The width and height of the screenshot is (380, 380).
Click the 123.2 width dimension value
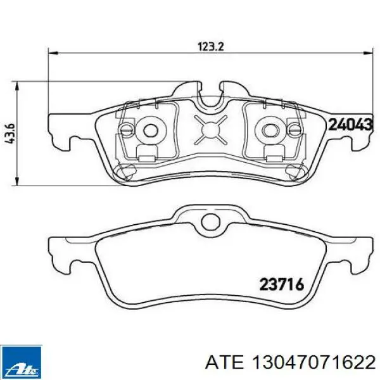coord(211,46)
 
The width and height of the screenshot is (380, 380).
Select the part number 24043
coord(350,125)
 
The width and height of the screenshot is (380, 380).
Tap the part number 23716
coord(281,284)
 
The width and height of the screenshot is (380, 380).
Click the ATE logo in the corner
coord(21,362)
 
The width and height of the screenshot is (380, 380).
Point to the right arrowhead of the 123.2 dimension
coord(367,53)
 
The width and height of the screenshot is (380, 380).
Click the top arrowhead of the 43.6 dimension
coord(17,86)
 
